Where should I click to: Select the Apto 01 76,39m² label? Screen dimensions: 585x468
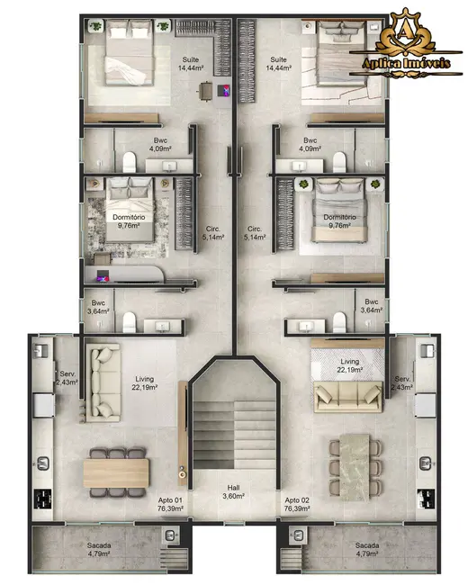click(x=172, y=504)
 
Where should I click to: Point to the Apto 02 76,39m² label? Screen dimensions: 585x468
click(x=298, y=504)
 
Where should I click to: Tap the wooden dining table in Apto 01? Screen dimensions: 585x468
click(x=116, y=472)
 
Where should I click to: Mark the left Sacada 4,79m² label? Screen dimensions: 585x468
click(x=99, y=550)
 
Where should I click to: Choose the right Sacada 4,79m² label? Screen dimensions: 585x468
click(x=367, y=550)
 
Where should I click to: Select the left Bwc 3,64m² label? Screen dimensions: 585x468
click(x=98, y=307)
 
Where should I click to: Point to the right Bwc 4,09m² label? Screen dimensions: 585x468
click(x=310, y=145)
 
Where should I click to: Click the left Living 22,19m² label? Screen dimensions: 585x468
click(x=145, y=384)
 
